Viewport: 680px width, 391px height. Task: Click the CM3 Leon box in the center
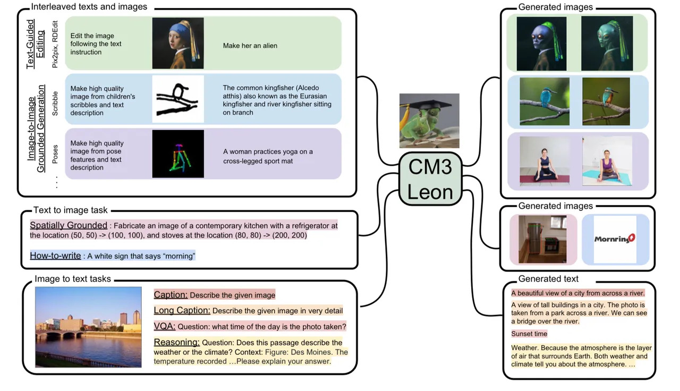[x=430, y=179]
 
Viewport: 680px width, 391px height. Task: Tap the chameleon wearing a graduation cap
[x=429, y=121]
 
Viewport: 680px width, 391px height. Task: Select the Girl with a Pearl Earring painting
[x=178, y=43]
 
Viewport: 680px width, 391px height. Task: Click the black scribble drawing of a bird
[x=178, y=99]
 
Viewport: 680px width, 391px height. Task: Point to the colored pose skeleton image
[x=178, y=154]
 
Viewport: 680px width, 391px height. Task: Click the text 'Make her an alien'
[x=250, y=46]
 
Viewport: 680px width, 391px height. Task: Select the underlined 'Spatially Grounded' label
[x=69, y=225]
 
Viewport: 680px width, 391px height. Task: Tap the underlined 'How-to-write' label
[x=56, y=256]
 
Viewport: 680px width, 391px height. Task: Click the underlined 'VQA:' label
[x=165, y=326]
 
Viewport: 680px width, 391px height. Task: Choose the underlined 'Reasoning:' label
[x=177, y=342]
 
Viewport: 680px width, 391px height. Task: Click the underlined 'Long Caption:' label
[x=182, y=310]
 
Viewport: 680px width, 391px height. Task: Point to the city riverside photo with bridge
[x=88, y=327]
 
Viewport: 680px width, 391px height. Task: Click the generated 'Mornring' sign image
[x=615, y=239]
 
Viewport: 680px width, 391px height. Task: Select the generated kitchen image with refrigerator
[x=542, y=239]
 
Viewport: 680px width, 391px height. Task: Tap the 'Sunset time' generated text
[x=529, y=334]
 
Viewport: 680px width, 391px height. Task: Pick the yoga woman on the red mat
[x=545, y=161]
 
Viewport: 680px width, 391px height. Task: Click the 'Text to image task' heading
[x=71, y=210]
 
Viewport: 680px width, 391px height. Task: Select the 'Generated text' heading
[x=548, y=279]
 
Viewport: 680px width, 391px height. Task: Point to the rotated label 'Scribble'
[x=55, y=104]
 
